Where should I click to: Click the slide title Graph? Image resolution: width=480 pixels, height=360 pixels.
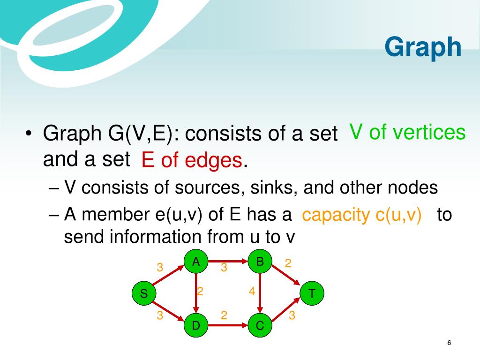[423, 47]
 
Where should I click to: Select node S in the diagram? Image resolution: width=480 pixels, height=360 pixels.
[144, 293]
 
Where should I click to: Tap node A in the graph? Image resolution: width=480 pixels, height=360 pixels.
[196, 262]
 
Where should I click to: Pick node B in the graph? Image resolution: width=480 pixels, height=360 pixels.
[260, 262]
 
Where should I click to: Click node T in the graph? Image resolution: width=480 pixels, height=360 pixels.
[312, 293]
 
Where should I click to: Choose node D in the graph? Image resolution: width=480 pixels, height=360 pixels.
[196, 325]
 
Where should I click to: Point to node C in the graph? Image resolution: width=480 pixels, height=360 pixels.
[260, 325]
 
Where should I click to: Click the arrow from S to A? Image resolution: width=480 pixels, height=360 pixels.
[168, 276]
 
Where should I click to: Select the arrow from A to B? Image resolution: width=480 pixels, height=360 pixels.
[228, 262]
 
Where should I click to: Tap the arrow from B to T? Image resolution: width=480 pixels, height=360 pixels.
[285, 275]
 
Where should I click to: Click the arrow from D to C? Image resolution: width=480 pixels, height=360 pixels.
[228, 325]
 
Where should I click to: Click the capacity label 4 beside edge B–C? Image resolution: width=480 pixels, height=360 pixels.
[252, 291]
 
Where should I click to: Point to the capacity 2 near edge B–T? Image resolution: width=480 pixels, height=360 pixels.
[288, 263]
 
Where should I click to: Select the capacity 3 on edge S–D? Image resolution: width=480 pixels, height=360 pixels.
[160, 315]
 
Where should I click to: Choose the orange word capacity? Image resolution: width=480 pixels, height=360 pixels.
[336, 215]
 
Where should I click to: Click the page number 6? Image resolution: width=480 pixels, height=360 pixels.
[449, 343]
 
